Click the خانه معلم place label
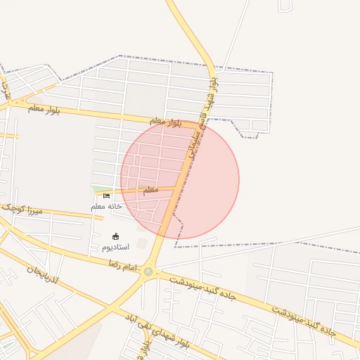(107, 206)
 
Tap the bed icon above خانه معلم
(107, 196)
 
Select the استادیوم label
(116, 247)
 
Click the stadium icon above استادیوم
(116, 236)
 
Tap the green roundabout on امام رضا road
(148, 271)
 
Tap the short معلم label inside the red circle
(151, 190)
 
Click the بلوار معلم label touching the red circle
(166, 122)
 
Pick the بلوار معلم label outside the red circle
(44, 109)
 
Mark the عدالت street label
(6, 91)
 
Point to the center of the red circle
(180, 180)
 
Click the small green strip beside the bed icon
(98, 188)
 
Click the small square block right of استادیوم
(143, 243)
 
